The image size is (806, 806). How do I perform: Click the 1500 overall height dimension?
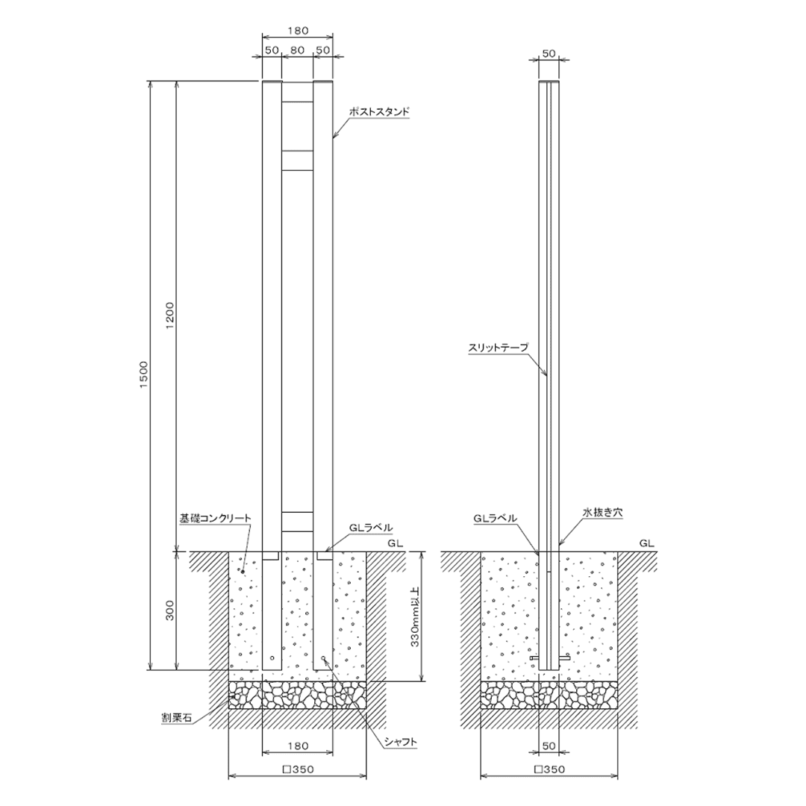(x=144, y=375)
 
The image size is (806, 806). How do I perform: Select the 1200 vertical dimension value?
(x=171, y=316)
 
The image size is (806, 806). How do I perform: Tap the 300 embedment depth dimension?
(x=171, y=610)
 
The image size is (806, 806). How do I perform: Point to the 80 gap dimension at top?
(x=298, y=51)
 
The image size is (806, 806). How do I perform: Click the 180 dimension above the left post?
(x=298, y=31)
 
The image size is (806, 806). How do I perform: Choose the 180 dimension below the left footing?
(x=298, y=746)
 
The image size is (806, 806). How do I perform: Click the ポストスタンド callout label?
(x=379, y=111)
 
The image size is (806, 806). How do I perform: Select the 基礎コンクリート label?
(x=215, y=518)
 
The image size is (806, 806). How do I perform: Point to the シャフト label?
(x=401, y=742)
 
